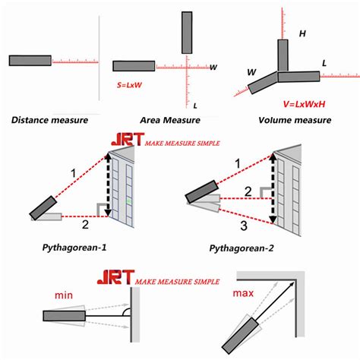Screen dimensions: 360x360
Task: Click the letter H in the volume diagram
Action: [x=302, y=34]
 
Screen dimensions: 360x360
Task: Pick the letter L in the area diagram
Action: [x=195, y=105]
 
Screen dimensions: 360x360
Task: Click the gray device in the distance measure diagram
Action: [x=30, y=60]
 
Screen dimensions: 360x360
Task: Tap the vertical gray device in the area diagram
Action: [x=187, y=32]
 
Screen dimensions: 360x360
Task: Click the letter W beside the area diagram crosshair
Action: [x=214, y=67]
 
